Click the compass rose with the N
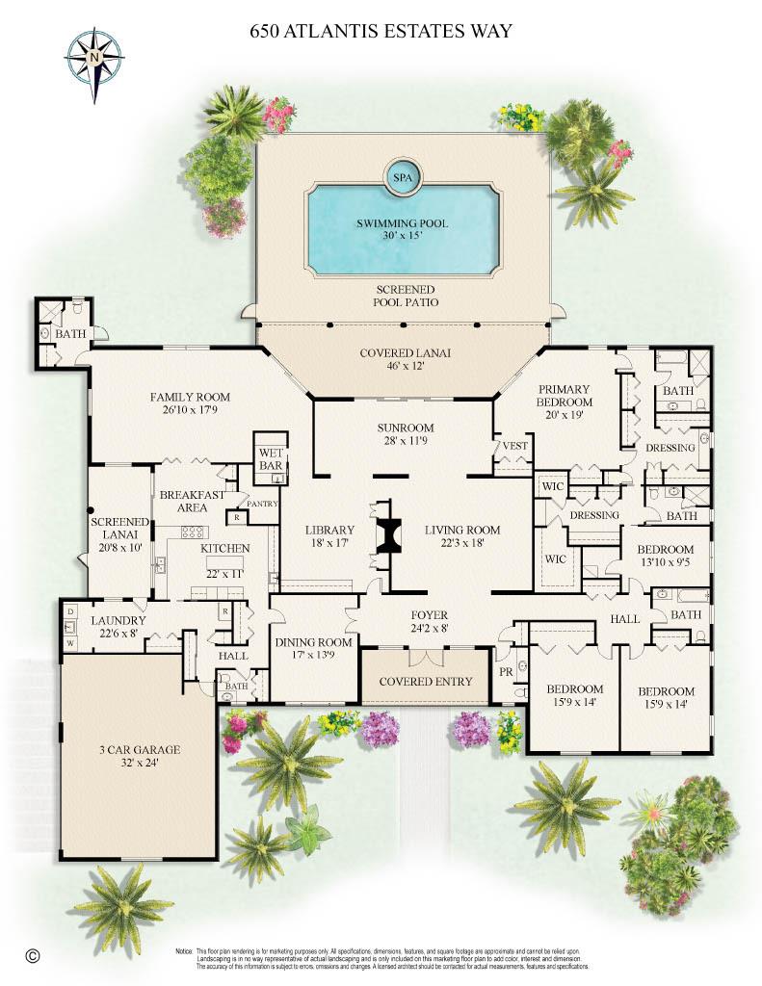[94, 60]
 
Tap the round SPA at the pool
[400, 176]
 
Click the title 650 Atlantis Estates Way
[381, 32]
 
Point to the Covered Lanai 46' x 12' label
[405, 360]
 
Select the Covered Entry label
[426, 682]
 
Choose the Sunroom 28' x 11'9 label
[405, 434]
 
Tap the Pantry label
[262, 504]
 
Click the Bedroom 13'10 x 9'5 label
[668, 557]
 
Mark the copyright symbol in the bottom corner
[33, 955]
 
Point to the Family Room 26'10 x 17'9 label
[190, 403]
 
